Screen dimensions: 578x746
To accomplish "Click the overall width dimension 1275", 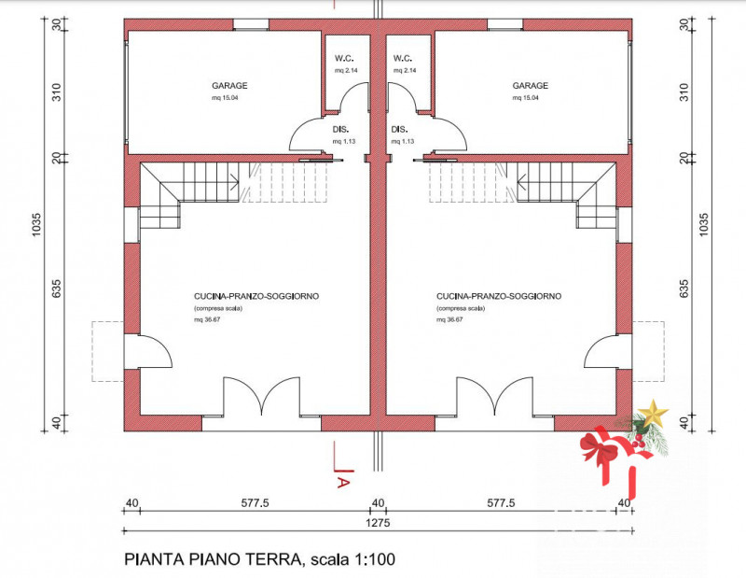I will coord(378,524).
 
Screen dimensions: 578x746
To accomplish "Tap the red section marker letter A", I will coord(342,482).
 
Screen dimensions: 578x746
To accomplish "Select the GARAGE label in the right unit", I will coord(530,85).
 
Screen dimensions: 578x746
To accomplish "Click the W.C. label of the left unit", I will coord(341,58).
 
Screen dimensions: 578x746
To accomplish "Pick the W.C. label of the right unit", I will coord(403,58).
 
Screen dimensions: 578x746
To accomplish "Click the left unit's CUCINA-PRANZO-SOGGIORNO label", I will coord(251,296).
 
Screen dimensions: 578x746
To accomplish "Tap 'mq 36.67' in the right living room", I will coord(449,319).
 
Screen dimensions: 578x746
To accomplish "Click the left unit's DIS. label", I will coord(340,130).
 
